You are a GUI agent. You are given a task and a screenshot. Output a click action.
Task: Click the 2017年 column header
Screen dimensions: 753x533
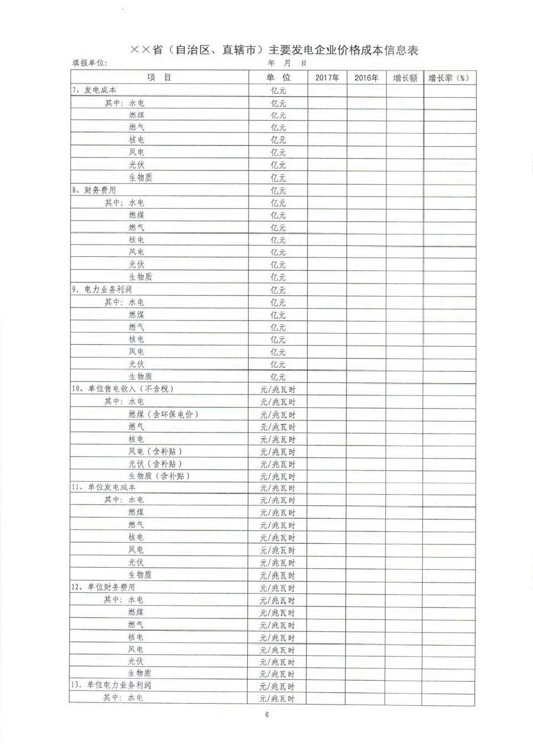point(327,78)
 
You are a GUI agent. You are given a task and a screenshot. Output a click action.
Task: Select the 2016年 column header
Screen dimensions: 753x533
point(367,78)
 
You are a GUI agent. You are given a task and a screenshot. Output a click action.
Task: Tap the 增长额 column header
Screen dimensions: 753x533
point(405,78)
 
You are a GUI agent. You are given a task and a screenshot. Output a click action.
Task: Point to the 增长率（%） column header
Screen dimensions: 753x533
point(449,78)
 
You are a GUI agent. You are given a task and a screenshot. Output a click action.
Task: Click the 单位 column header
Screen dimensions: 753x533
point(278,78)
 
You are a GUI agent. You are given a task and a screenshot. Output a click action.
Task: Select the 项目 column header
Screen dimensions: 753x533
point(159,78)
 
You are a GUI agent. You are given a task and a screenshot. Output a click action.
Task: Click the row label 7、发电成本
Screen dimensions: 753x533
point(94,90)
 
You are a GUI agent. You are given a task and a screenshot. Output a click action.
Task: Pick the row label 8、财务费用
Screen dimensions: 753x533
point(94,190)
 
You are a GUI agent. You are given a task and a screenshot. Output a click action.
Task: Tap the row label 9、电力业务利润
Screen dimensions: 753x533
point(102,290)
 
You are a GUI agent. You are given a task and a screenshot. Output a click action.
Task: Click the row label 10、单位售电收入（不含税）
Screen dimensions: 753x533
point(122,389)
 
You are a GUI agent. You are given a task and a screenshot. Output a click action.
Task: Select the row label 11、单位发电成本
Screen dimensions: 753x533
point(103,488)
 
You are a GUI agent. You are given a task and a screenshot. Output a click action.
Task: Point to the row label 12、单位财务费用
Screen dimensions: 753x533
point(103,587)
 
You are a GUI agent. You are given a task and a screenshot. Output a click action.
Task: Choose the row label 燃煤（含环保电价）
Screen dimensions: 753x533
point(164,414)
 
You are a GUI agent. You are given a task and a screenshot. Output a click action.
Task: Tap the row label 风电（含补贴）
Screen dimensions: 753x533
point(156,451)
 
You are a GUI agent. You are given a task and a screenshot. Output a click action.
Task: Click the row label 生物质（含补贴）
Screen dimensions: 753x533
point(160,476)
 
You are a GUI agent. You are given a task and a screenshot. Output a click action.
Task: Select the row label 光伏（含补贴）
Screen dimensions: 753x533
point(156,464)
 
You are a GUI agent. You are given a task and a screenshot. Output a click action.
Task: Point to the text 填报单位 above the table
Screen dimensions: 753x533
point(89,64)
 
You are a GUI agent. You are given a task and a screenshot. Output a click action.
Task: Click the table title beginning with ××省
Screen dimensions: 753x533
point(274,50)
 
